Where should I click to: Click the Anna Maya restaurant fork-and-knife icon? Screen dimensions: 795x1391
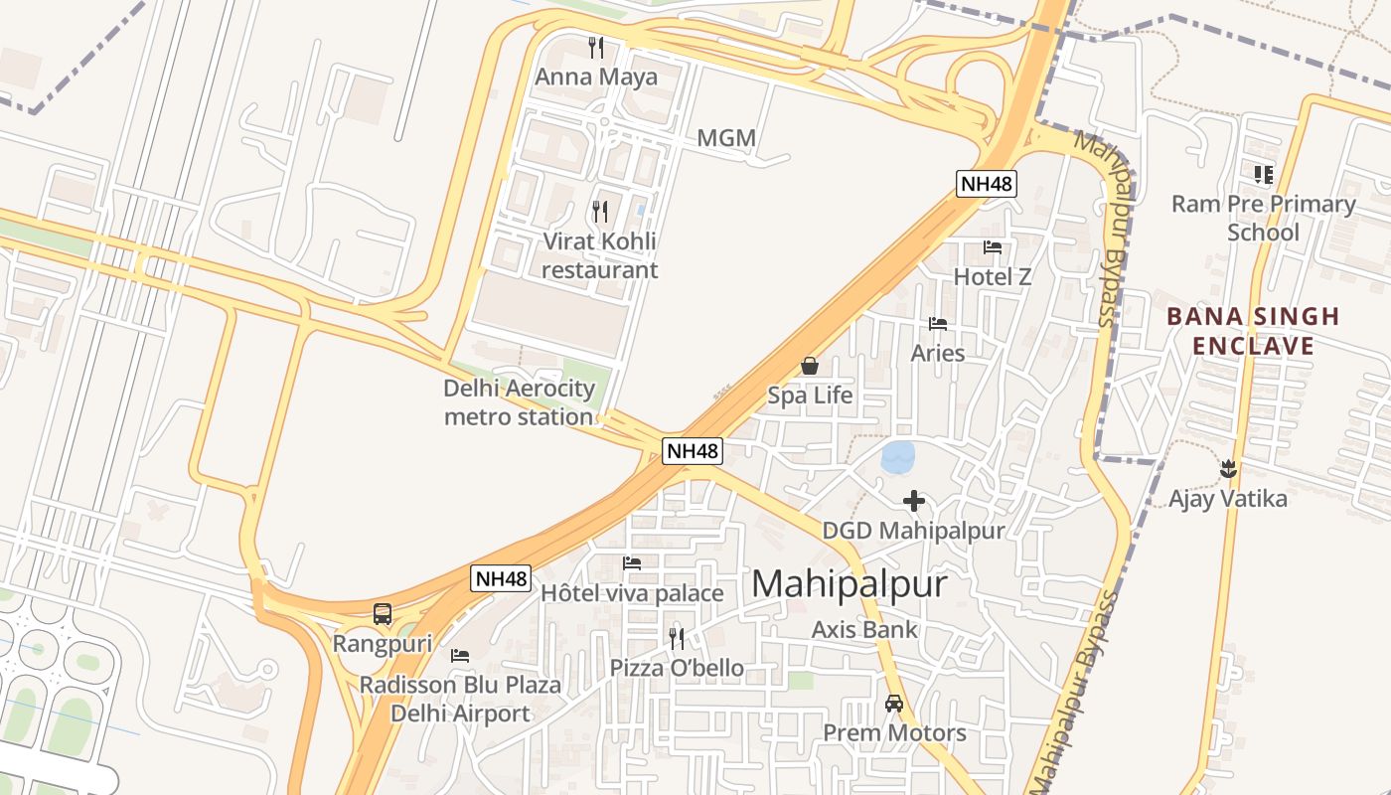tap(596, 47)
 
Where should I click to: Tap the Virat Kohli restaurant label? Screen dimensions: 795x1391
tap(600, 255)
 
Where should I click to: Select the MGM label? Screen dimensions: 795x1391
tap(726, 138)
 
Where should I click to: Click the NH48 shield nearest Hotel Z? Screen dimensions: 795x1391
tap(987, 183)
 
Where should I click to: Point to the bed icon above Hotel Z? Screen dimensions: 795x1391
tap(993, 247)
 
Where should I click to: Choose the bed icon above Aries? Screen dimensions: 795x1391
tap(938, 324)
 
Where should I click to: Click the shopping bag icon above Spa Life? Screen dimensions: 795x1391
tap(810, 366)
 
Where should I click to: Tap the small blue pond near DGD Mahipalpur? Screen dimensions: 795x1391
tap(898, 457)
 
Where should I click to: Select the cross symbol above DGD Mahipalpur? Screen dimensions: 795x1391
tap(914, 502)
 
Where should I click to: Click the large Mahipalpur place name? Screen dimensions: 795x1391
tap(850, 583)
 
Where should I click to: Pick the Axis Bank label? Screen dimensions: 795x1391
tap(864, 629)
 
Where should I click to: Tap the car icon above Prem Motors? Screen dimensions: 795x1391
tap(894, 704)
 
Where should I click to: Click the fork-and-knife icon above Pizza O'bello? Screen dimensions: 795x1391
tap(677, 637)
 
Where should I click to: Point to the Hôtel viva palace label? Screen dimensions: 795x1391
tap(632, 593)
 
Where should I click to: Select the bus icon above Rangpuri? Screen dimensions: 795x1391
tap(383, 614)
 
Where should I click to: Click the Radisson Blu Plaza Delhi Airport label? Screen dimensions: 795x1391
tap(460, 699)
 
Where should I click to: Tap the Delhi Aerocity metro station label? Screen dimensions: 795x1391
tap(519, 402)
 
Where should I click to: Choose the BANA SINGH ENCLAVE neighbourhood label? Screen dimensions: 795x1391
tap(1253, 331)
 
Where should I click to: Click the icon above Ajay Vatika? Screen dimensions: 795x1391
tap(1228, 467)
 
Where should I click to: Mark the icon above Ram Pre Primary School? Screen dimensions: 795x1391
tap(1264, 175)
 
